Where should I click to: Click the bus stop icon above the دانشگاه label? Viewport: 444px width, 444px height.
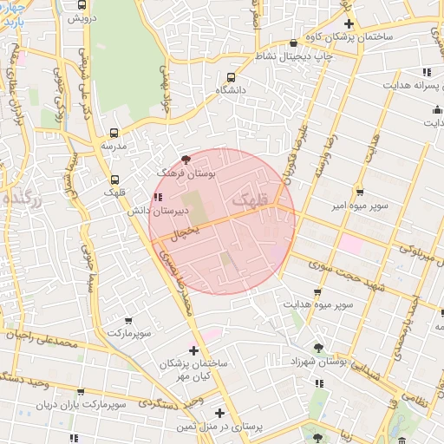pos(230,75)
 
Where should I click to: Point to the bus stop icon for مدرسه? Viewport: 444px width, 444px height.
pos(114,133)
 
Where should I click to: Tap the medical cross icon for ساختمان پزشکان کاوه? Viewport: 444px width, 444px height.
pos(349,23)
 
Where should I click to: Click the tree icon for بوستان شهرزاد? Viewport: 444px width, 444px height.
pos(318,346)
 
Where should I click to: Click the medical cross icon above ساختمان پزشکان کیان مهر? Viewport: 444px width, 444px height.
pos(193,349)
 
